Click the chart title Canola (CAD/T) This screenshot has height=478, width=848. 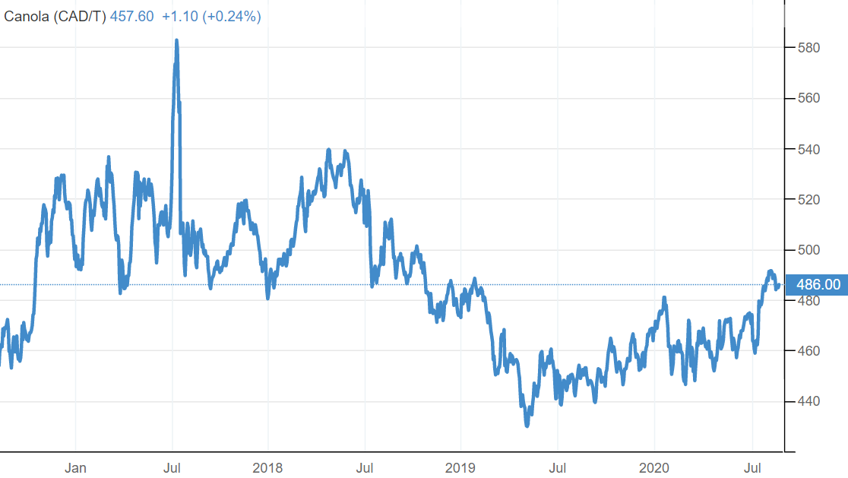(x=55, y=16)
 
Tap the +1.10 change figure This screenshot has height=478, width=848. (x=180, y=16)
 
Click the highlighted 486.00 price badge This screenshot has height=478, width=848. (x=818, y=285)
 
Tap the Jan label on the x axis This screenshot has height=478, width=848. (x=75, y=467)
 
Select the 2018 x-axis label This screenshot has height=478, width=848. (x=267, y=467)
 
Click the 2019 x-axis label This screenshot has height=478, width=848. (x=460, y=467)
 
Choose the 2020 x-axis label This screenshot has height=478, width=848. (x=653, y=467)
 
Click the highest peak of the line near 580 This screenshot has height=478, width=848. (x=176, y=41)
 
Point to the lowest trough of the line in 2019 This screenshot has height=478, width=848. (x=527, y=426)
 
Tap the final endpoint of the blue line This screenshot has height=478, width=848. (x=779, y=285)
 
